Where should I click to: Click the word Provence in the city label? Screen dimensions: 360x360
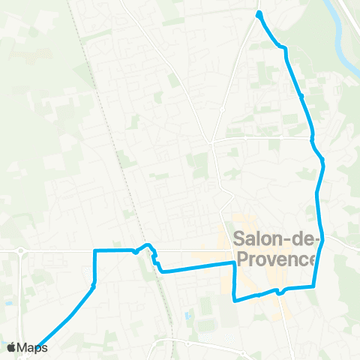(x=276, y=259)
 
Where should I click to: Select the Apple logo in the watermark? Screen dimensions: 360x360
(x=10, y=347)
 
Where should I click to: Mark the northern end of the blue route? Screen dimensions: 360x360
(x=259, y=14)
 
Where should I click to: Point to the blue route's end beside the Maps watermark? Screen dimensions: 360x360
(x=37, y=346)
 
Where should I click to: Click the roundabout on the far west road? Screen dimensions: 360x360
(x=21, y=251)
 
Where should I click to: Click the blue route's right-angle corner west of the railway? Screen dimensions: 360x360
(x=94, y=250)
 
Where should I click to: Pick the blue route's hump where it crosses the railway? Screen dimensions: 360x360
(x=148, y=245)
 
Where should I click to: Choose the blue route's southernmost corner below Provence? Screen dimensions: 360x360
(x=236, y=300)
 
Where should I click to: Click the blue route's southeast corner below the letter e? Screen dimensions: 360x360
(x=313, y=286)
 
